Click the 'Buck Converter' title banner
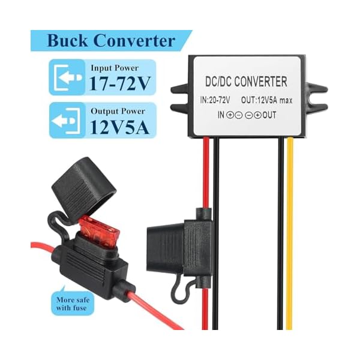[111, 41]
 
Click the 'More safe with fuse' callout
[70, 304]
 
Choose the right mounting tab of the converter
[313, 89]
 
